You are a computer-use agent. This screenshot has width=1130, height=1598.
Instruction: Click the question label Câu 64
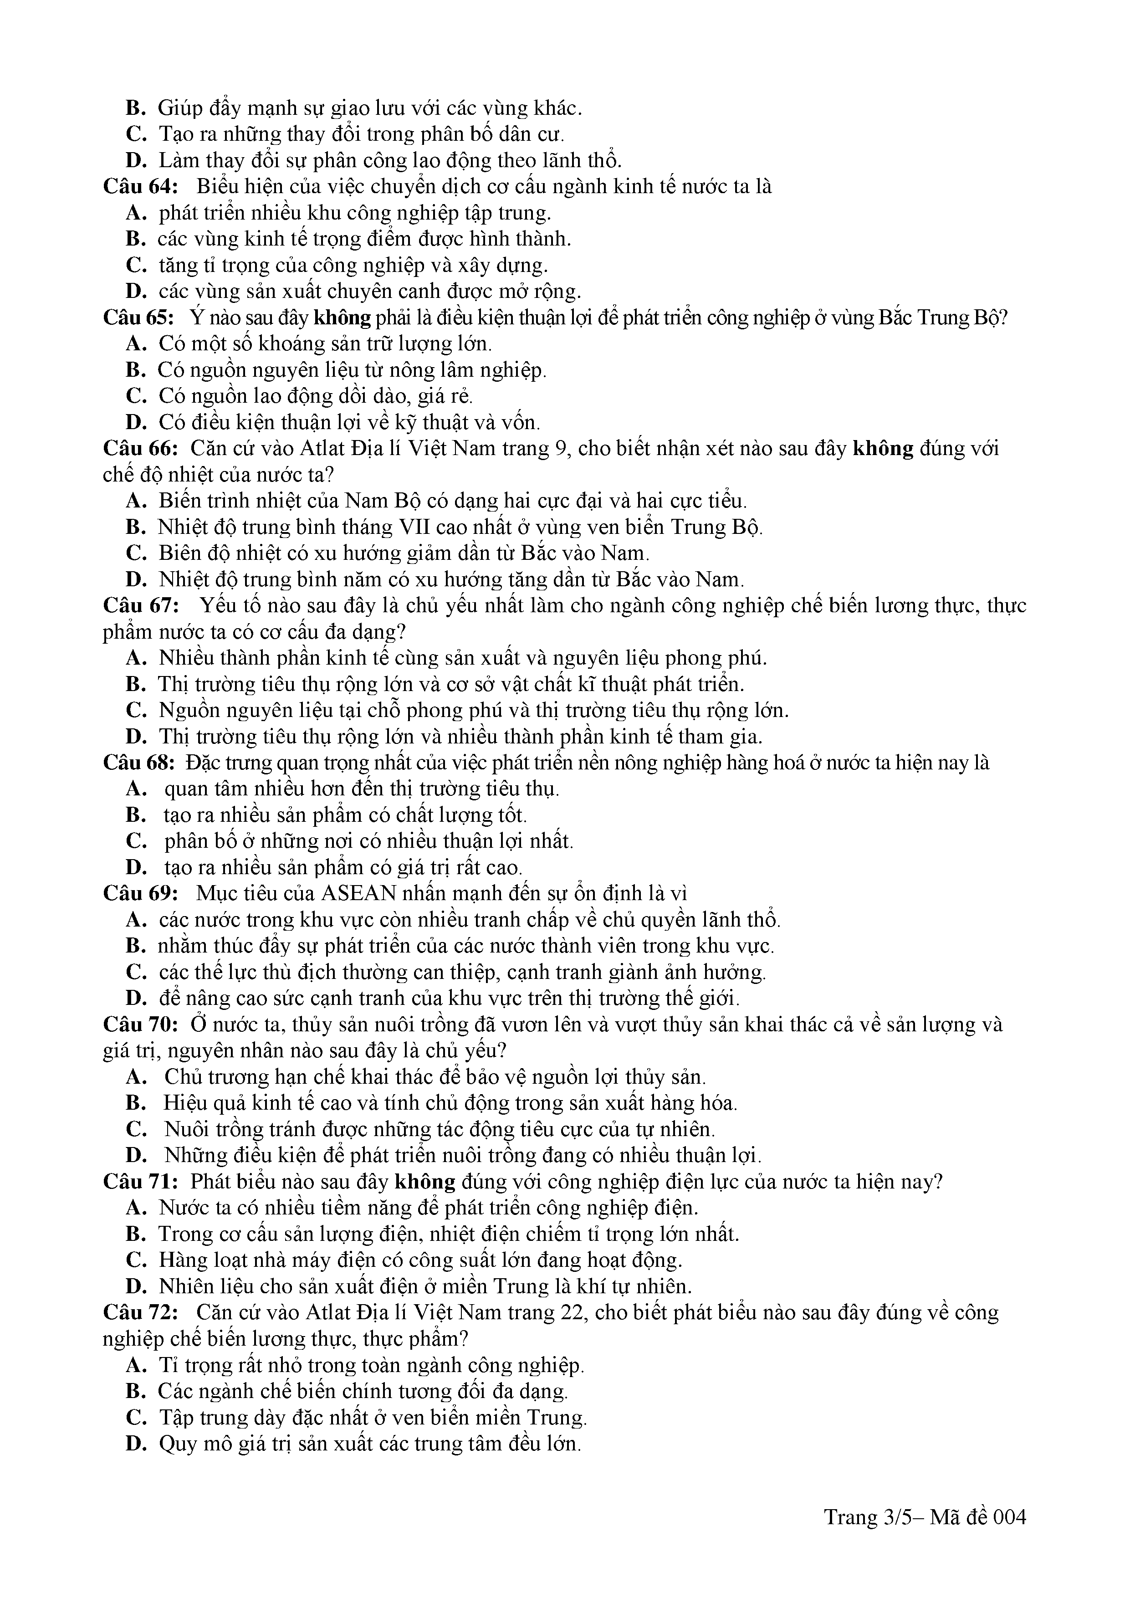(141, 186)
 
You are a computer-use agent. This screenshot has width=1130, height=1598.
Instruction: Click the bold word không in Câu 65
(343, 318)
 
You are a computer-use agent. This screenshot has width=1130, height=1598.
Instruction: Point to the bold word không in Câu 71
(424, 1181)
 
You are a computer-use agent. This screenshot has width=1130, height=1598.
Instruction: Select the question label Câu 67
(141, 605)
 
